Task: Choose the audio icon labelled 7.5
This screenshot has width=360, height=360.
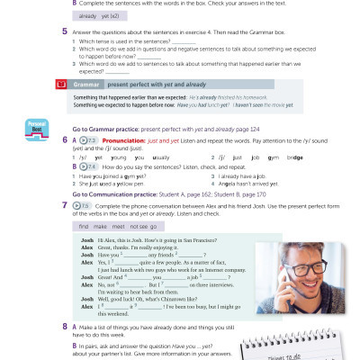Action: [85, 205]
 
